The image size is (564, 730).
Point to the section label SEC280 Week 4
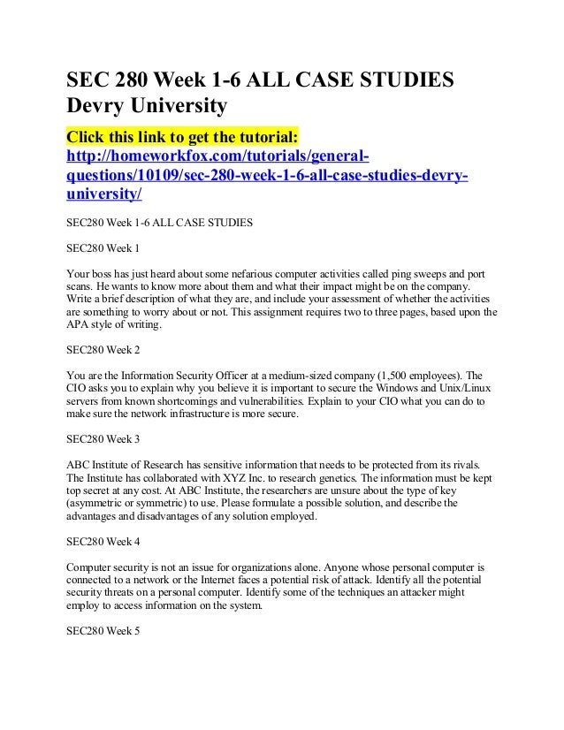(x=103, y=538)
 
